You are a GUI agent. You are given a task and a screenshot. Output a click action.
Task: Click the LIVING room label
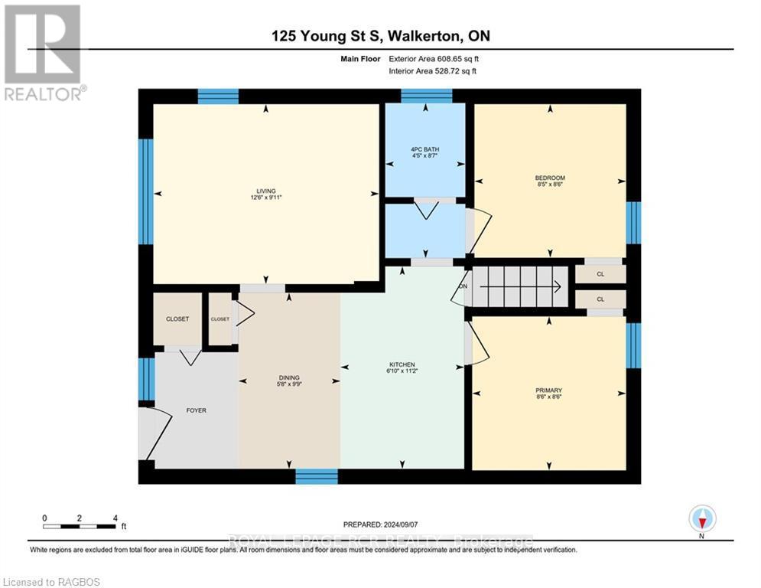(x=265, y=191)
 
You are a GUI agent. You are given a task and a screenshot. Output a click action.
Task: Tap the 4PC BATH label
(x=425, y=149)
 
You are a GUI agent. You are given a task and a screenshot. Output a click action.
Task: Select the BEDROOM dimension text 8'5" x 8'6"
(x=549, y=185)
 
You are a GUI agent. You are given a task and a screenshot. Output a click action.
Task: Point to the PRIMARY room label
(x=549, y=389)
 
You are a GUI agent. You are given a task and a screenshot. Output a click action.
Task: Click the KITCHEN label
(x=402, y=364)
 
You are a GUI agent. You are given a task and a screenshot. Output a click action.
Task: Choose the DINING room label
(x=288, y=377)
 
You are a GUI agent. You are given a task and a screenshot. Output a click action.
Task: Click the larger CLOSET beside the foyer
(x=177, y=318)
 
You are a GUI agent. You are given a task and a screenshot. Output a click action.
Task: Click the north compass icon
(x=701, y=519)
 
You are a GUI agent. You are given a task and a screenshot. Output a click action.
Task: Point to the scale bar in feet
(x=80, y=526)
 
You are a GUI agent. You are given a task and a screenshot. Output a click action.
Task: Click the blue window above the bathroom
(x=426, y=96)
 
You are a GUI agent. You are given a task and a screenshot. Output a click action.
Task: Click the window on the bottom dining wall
(x=317, y=476)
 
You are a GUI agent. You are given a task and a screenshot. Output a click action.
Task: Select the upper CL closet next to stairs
(x=600, y=274)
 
